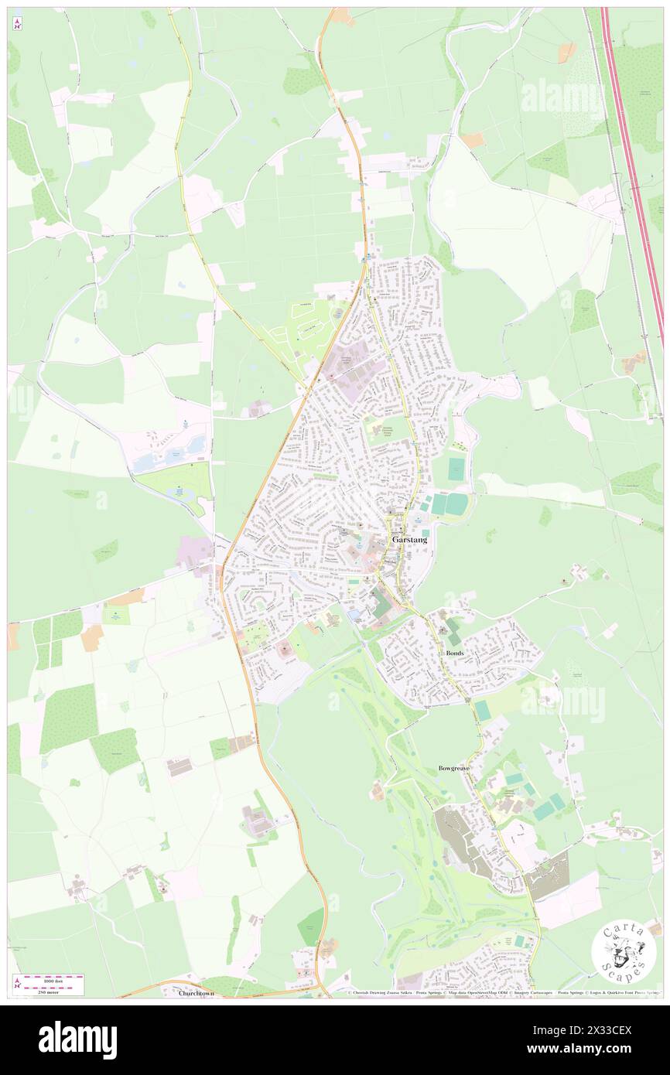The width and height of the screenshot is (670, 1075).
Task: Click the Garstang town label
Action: click(409, 539)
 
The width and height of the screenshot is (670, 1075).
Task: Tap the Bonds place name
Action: click(456, 653)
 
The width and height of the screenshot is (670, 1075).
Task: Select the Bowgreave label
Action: click(454, 768)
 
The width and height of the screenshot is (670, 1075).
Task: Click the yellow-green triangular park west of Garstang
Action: click(175, 484)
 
